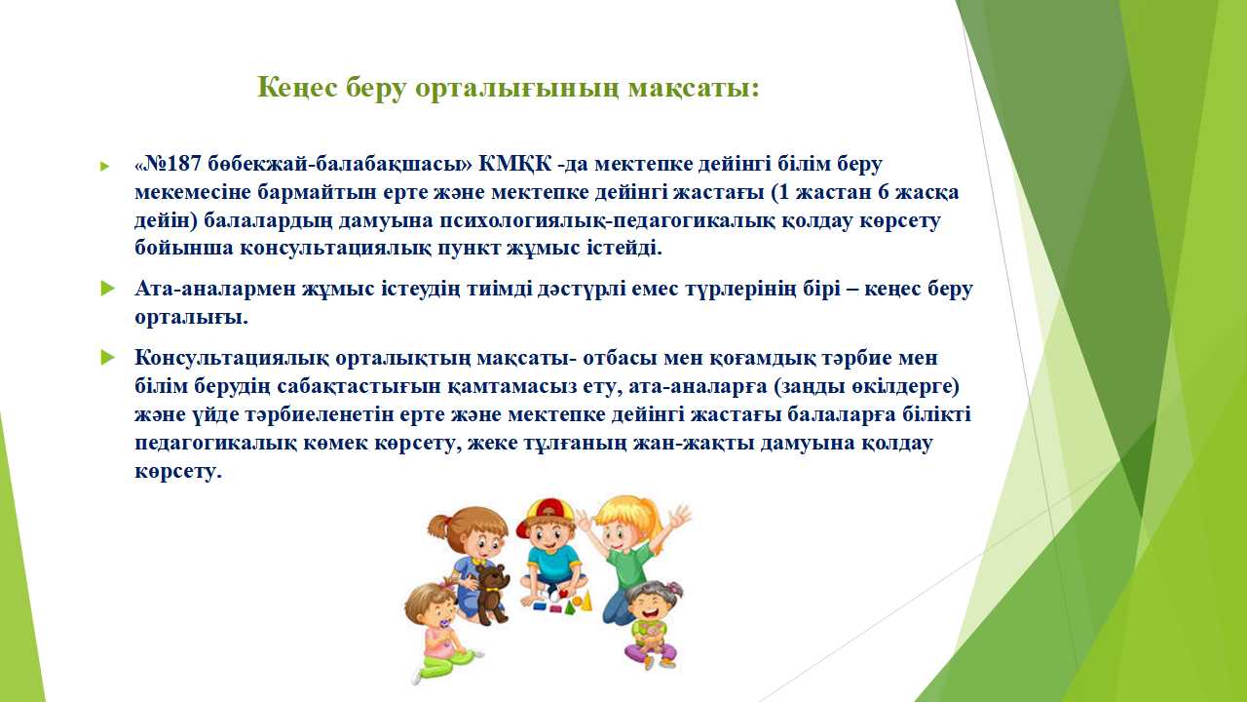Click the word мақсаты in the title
pyautogui.click(x=694, y=89)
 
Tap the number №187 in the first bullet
pyautogui.click(x=172, y=164)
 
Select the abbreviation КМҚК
pyautogui.click(x=515, y=165)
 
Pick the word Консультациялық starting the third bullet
pyautogui.click(x=232, y=358)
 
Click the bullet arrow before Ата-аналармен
pyautogui.click(x=107, y=289)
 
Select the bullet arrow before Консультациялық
pyautogui.click(x=107, y=357)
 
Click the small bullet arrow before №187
pyautogui.click(x=104, y=166)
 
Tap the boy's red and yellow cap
pyautogui.click(x=539, y=515)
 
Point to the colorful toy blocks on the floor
pyautogui.click(x=562, y=604)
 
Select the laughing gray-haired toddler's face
pyautogui.click(x=650, y=605)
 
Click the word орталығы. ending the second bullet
pyautogui.click(x=191, y=318)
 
